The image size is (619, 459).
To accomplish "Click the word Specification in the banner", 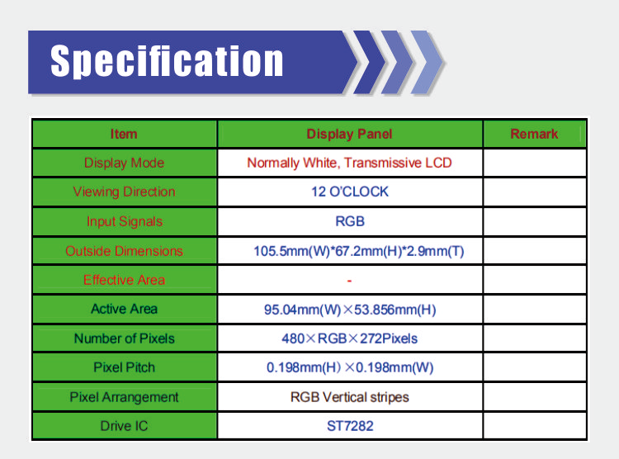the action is pos(167,60).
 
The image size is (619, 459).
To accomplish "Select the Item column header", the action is pos(124,134).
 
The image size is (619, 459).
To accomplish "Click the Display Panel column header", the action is pos(349,134).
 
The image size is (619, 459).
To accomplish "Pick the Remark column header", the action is pos(534,134).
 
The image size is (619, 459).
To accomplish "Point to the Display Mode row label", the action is pos(124,163).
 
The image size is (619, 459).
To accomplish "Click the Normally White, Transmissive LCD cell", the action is pos(349,163).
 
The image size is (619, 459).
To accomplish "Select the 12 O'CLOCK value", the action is pos(350,192).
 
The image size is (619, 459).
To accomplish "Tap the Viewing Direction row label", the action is pos(124,192).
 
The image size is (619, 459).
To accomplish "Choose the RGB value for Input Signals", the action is pos(350,221).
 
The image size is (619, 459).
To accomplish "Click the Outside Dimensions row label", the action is pos(124,251).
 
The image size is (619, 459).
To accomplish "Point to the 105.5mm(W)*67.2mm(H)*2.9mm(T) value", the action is pos(358,251).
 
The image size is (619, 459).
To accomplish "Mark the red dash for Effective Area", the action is pos(349,281).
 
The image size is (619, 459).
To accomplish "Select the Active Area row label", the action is pos(124,309).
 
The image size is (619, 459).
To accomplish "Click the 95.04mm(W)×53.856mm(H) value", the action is pos(350,310).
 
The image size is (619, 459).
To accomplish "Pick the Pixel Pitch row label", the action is pos(124,367).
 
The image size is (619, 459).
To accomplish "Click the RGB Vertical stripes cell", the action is pos(349,397).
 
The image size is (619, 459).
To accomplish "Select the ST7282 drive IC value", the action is pos(350,426).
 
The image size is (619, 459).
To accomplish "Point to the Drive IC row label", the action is pos(124,426).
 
